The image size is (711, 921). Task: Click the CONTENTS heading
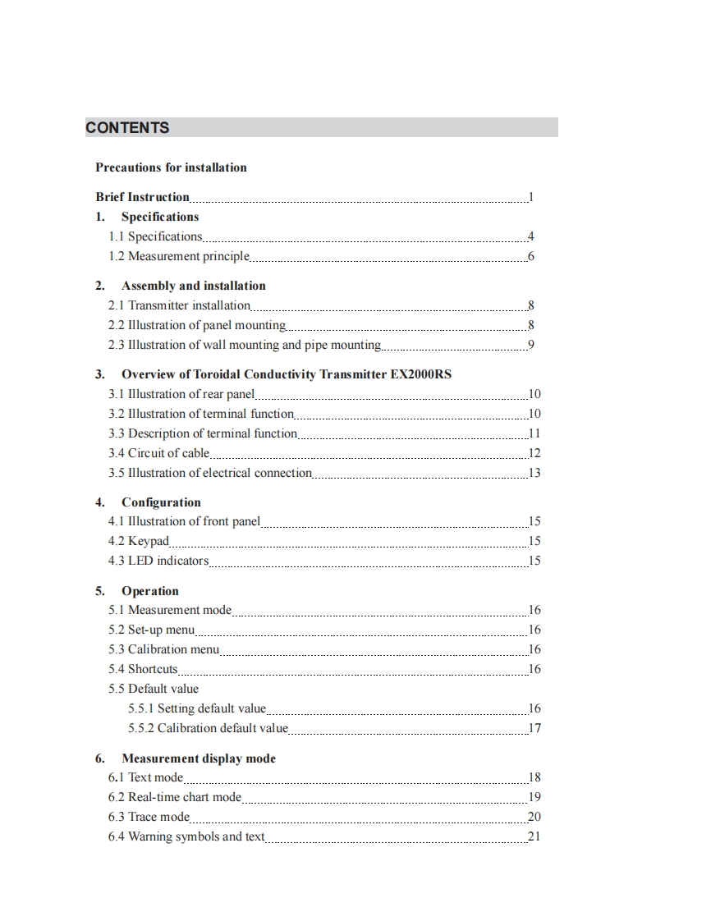coord(127,127)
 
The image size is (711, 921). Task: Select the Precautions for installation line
coord(171,167)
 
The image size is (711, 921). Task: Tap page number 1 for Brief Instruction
coord(531,197)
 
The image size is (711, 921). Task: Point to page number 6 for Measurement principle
coord(531,256)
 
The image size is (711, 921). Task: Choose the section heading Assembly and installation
coord(193,286)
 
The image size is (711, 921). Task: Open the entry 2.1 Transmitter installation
coord(179,305)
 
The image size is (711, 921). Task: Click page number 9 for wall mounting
coord(531,345)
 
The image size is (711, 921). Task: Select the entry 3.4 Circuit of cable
coord(159,453)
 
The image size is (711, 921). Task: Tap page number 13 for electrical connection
coord(534,473)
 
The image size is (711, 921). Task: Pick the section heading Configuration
coord(161,502)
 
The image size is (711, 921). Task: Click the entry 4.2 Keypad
coord(139,541)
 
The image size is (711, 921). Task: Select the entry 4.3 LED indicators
coord(158,561)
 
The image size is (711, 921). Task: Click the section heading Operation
coord(149,591)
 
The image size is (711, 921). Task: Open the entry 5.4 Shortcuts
coord(143,669)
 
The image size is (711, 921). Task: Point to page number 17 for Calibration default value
coord(534,728)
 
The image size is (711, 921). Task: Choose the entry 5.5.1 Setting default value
coord(197,708)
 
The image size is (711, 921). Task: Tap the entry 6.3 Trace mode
coord(149,817)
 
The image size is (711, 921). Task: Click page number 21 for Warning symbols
coord(534,836)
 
